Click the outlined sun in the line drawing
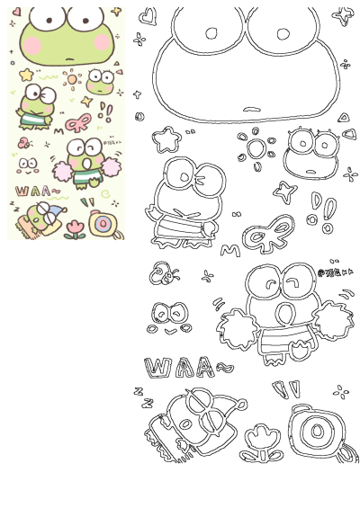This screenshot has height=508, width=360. point(256,149)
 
